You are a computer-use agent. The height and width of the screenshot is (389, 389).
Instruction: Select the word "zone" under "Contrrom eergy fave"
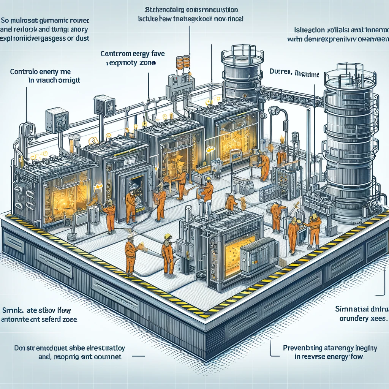tap(146, 64)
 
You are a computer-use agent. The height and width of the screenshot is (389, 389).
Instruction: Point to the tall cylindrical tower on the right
tap(349, 144)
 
